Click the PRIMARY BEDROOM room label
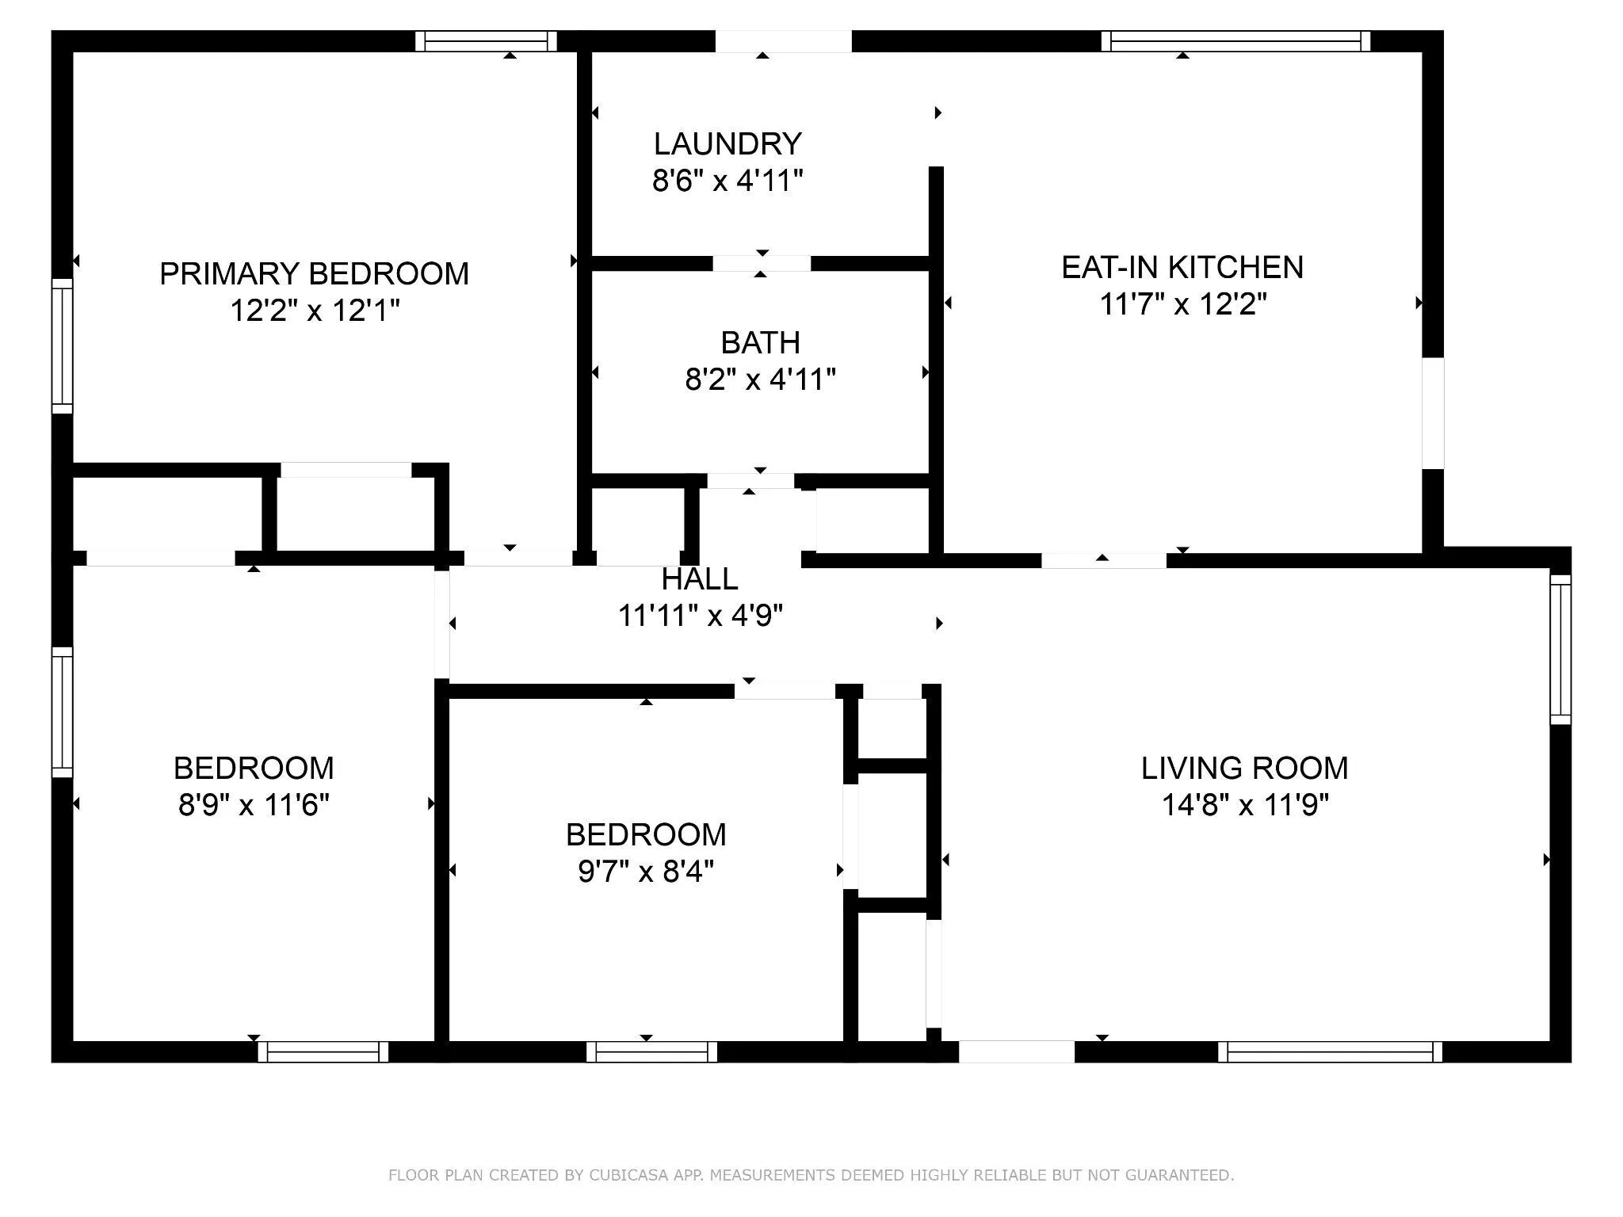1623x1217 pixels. [315, 273]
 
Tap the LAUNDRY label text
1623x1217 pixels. [727, 144]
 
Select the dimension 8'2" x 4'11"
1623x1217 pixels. [760, 380]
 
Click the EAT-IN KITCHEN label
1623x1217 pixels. [1182, 267]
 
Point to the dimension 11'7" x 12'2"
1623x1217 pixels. [1183, 303]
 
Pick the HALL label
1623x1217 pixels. [700, 579]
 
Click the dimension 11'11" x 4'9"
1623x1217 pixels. [701, 616]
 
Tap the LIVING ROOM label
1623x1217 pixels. [1244, 768]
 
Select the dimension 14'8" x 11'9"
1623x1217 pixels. [1245, 805]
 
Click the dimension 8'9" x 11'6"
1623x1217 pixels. [254, 805]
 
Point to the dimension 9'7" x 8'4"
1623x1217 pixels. [646, 872]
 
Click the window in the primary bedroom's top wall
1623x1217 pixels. [486, 41]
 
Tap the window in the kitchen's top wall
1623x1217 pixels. [1236, 41]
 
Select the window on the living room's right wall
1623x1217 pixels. [1560, 650]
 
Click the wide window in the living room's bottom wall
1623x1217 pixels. [1330, 1051]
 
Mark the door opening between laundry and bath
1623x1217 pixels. [762, 264]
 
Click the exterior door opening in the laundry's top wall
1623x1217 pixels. [784, 41]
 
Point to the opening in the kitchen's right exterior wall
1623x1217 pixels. [1433, 413]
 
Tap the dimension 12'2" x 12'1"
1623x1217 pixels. [315, 311]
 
